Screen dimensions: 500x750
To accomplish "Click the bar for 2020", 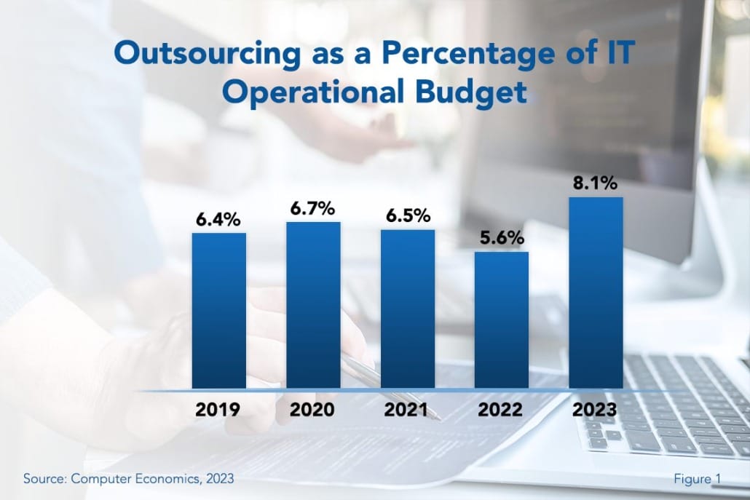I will click(313, 305).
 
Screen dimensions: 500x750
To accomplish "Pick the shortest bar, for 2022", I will click(502, 320).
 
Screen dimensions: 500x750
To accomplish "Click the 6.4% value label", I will click(218, 219).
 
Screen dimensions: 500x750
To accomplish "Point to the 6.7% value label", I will click(312, 209).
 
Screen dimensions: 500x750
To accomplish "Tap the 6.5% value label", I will click(407, 216).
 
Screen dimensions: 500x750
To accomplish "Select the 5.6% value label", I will click(501, 238).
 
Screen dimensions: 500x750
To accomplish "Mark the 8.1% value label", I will click(596, 182).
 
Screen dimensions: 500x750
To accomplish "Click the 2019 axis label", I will click(218, 409).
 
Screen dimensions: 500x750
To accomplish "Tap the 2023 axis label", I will click(595, 409).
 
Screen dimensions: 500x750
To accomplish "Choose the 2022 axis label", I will click(501, 409).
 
